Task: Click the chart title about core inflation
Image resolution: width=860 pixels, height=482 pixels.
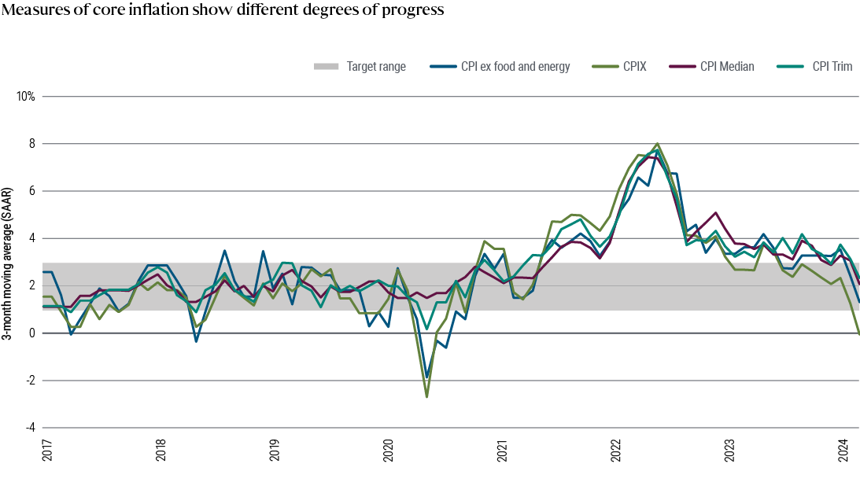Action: (223, 11)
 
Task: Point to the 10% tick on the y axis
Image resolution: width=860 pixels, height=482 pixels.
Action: (26, 97)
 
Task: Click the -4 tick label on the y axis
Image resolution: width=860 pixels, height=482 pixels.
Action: (29, 428)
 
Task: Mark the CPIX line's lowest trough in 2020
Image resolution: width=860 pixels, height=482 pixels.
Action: (426, 397)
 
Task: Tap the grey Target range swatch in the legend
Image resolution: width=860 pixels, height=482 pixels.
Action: (326, 67)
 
